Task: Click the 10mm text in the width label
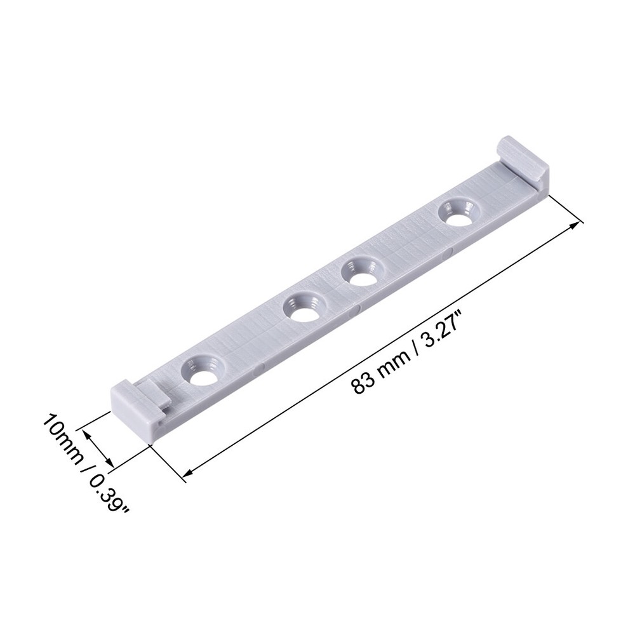(x=60, y=438)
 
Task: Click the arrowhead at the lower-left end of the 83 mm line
(x=188, y=472)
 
